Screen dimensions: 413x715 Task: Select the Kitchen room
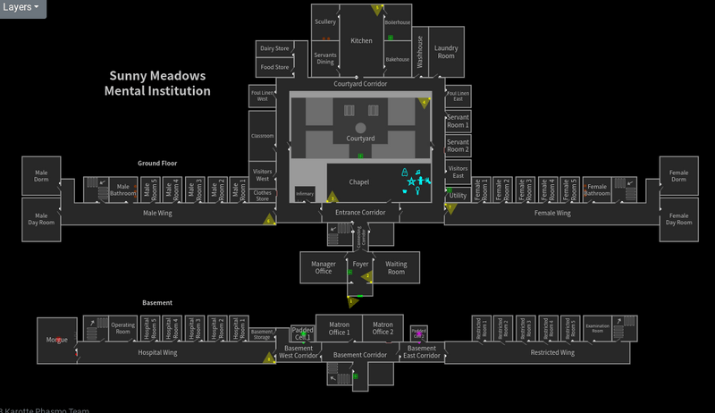361,40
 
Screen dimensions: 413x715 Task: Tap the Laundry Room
445,51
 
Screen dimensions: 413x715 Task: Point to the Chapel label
358,182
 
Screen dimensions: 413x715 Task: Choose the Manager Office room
323,267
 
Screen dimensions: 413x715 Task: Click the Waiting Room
396,267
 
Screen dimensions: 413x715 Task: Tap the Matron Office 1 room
339,328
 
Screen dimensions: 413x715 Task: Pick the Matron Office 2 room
382,328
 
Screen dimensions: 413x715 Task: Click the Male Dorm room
41,176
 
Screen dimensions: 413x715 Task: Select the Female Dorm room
678,176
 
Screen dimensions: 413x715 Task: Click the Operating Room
122,328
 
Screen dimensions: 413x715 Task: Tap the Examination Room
597,328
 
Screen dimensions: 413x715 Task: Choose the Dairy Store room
274,48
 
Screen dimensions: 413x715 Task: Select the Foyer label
360,265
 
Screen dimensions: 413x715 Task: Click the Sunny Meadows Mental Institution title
157,83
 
